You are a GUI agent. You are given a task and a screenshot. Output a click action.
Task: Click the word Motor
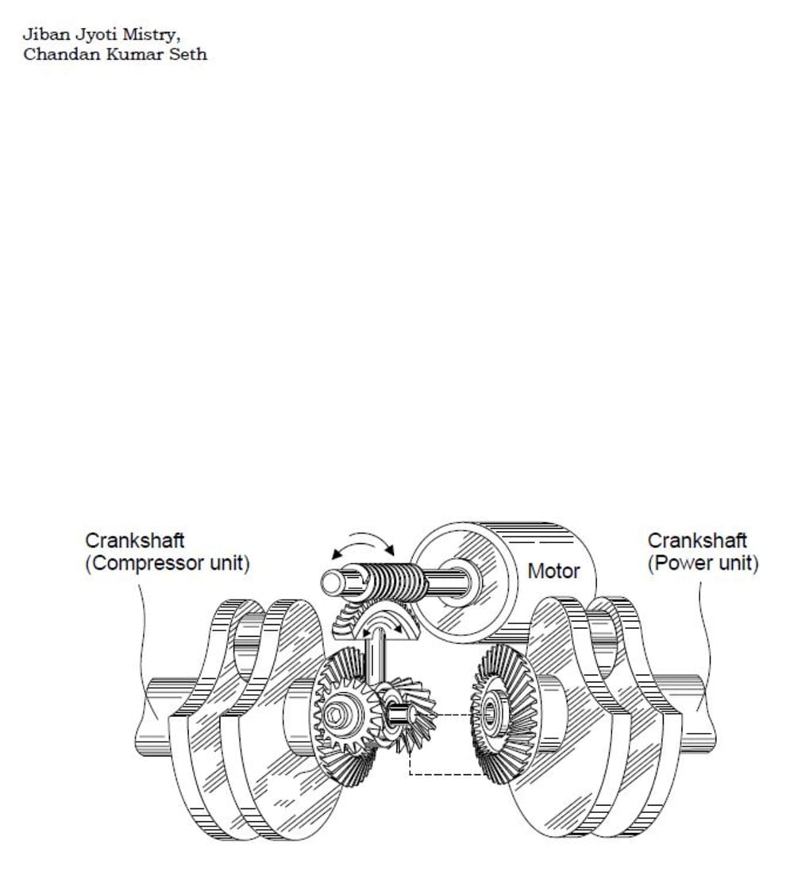click(553, 571)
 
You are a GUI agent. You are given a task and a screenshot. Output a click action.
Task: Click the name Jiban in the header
click(39, 35)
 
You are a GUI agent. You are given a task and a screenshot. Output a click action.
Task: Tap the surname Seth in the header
click(190, 55)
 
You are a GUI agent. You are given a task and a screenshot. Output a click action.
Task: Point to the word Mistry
click(145, 36)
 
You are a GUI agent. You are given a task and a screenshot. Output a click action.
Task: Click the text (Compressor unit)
click(167, 565)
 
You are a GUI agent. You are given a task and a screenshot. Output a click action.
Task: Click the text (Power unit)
click(703, 565)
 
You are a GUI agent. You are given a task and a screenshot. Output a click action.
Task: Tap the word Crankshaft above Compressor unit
click(135, 541)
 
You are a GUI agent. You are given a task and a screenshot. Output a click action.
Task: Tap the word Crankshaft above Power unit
click(697, 541)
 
